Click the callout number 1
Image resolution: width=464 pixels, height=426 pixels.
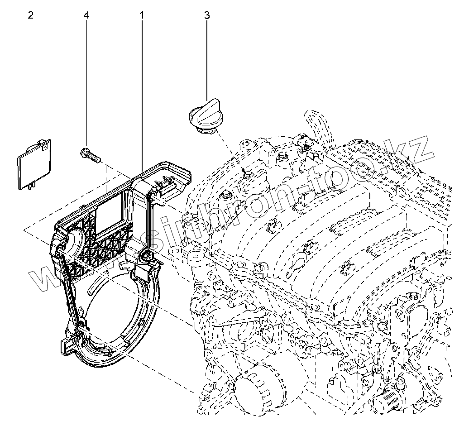pos(142,15)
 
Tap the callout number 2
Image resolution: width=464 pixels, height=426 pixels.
pos(30,15)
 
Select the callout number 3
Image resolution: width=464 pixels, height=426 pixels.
pos(207,15)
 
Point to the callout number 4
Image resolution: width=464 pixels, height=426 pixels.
pos(86,15)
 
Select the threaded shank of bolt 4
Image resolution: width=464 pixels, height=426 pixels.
pos(94,158)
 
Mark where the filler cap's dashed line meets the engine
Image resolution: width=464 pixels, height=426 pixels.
pos(244,172)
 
